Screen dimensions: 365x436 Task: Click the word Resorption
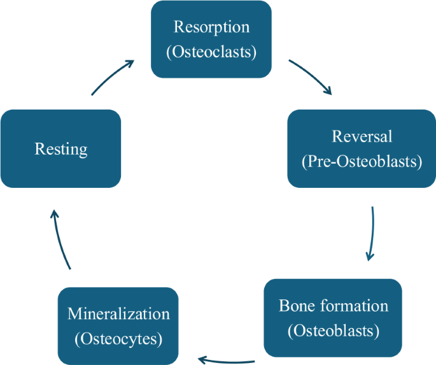211,28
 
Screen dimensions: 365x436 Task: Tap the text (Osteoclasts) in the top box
211,52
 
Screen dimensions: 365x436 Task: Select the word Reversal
362,136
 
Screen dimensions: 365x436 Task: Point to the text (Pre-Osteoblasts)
362,161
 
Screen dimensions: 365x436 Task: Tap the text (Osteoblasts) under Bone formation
334,331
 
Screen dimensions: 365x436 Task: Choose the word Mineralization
118,314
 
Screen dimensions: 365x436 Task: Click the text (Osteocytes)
118,338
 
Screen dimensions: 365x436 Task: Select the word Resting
61,150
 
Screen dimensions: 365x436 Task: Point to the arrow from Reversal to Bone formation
372,233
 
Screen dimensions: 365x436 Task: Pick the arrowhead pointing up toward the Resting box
53,215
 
